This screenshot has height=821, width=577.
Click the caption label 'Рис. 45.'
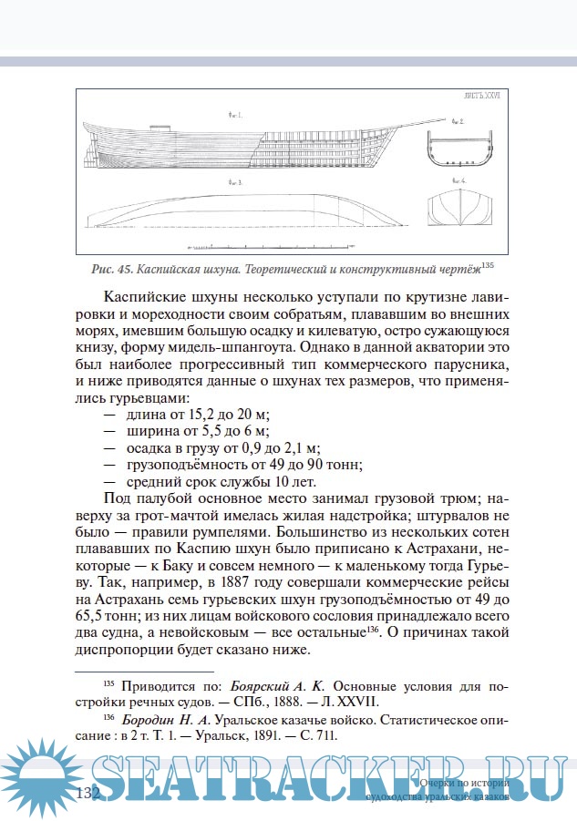(113, 270)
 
